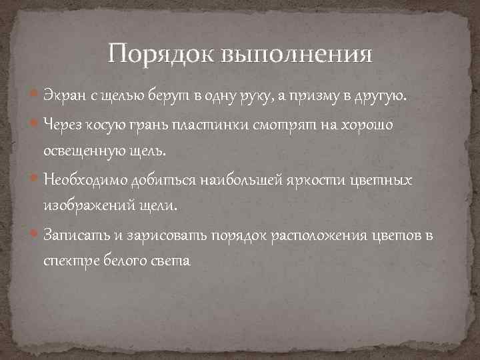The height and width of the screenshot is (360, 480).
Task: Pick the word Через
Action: pyautogui.click(x=64, y=124)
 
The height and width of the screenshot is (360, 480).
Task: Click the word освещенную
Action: pyautogui.click(x=83, y=151)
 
